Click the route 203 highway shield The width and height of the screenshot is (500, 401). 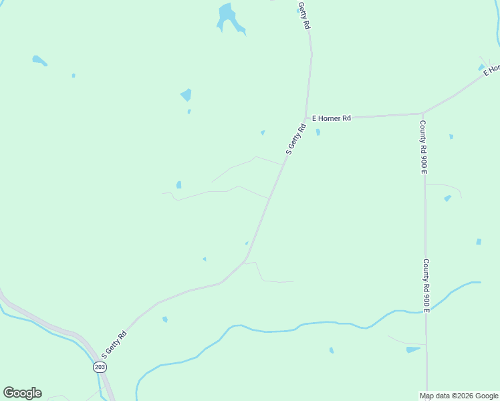[100, 367]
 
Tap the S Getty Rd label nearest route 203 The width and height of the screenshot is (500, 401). [114, 344]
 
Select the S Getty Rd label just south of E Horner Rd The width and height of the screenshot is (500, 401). [295, 139]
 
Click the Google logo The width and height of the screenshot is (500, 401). [22, 393]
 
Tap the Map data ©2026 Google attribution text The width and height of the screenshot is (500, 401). [459, 396]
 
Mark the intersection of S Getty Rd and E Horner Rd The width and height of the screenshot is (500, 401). [305, 118]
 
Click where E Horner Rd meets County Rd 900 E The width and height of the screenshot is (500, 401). [422, 114]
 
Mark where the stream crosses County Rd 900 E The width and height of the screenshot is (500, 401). [426, 310]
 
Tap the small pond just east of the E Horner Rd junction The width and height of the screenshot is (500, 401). [318, 132]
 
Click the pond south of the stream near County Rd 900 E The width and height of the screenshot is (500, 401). [413, 349]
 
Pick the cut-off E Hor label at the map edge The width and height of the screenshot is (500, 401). [493, 69]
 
